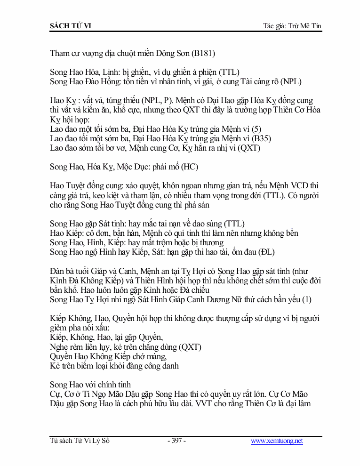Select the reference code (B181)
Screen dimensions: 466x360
[203, 53]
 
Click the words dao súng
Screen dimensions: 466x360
[205, 224]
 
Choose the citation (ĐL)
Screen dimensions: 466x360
[266, 252]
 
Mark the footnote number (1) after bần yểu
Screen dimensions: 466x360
[306, 299]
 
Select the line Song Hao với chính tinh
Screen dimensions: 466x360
[90, 385]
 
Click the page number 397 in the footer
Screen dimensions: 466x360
[176, 441]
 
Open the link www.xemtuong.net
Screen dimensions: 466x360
[277, 441]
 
